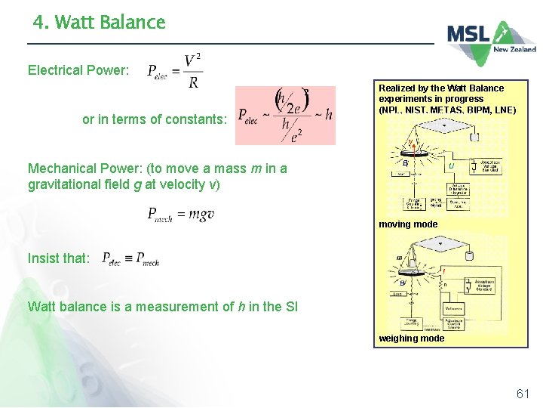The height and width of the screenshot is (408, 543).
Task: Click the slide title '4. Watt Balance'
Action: (99, 23)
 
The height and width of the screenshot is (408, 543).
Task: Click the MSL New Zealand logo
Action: (491, 41)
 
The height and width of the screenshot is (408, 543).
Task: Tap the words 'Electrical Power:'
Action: (78, 70)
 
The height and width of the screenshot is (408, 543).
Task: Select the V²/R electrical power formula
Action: (175, 71)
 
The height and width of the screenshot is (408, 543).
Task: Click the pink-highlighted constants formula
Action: (285, 115)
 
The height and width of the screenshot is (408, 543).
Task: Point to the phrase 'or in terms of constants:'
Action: (154, 119)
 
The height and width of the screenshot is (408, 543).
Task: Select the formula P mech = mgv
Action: (181, 215)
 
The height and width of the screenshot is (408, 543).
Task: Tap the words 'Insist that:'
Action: (58, 258)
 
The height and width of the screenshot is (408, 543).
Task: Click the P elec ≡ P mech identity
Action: (130, 258)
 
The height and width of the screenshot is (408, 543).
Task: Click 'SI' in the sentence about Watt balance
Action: (290, 307)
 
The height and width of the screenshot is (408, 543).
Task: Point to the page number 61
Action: (523, 394)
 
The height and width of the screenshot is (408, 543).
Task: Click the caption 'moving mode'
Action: (408, 224)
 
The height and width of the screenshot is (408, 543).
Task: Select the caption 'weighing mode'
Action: (412, 338)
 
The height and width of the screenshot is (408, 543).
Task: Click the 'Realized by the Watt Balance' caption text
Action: (441, 88)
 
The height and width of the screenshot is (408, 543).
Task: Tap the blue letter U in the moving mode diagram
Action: (450, 165)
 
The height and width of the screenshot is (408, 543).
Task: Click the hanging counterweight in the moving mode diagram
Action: (474, 137)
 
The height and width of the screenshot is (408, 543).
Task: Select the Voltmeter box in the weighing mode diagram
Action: (454, 308)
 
